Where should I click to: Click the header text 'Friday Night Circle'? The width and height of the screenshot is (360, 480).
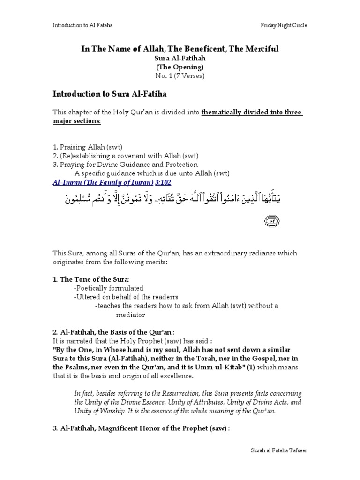coord(284,26)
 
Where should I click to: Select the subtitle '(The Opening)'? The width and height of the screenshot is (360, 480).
coord(180,67)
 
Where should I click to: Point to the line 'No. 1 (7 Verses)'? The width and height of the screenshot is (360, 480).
coord(180,75)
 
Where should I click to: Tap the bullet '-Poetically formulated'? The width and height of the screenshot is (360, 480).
coord(108,288)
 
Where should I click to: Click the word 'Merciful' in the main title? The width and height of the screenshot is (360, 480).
coord(272,49)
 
